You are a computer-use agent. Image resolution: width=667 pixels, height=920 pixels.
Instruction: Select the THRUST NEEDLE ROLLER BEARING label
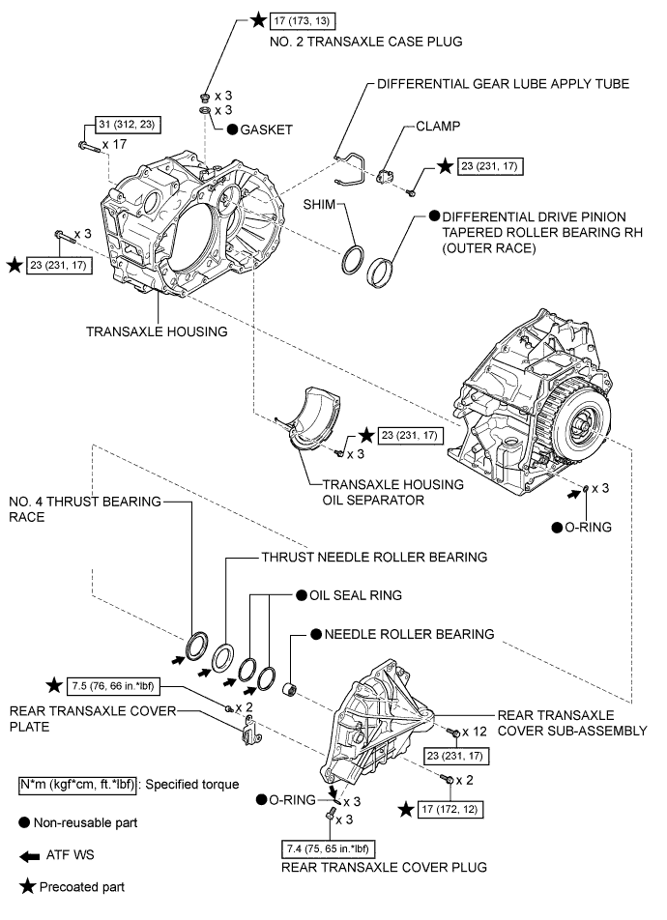tap(374, 558)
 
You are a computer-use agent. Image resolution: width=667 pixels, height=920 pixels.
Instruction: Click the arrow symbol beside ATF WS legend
tap(30, 855)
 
